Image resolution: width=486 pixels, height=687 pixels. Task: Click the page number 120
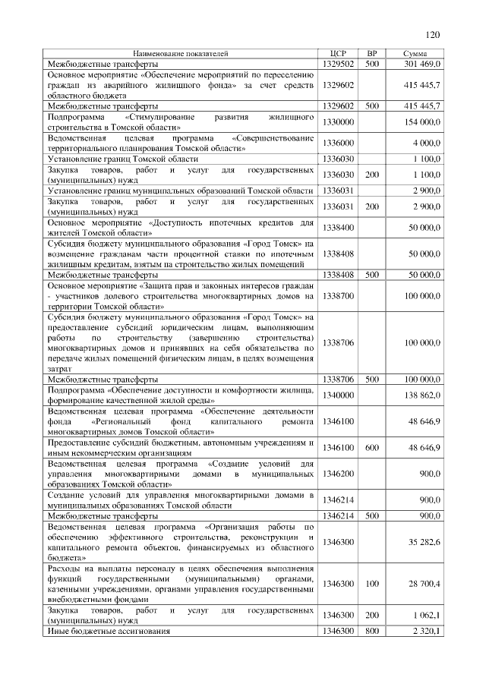coord(433,34)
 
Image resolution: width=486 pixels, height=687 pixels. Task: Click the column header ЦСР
coord(339,54)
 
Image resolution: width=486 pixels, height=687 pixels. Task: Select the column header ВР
coord(371,54)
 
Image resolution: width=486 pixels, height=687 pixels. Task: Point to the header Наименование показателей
coord(181,54)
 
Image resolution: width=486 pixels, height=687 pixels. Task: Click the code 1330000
coord(339,122)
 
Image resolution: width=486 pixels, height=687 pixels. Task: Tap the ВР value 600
coord(371,448)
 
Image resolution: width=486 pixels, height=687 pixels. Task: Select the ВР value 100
coord(371,584)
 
